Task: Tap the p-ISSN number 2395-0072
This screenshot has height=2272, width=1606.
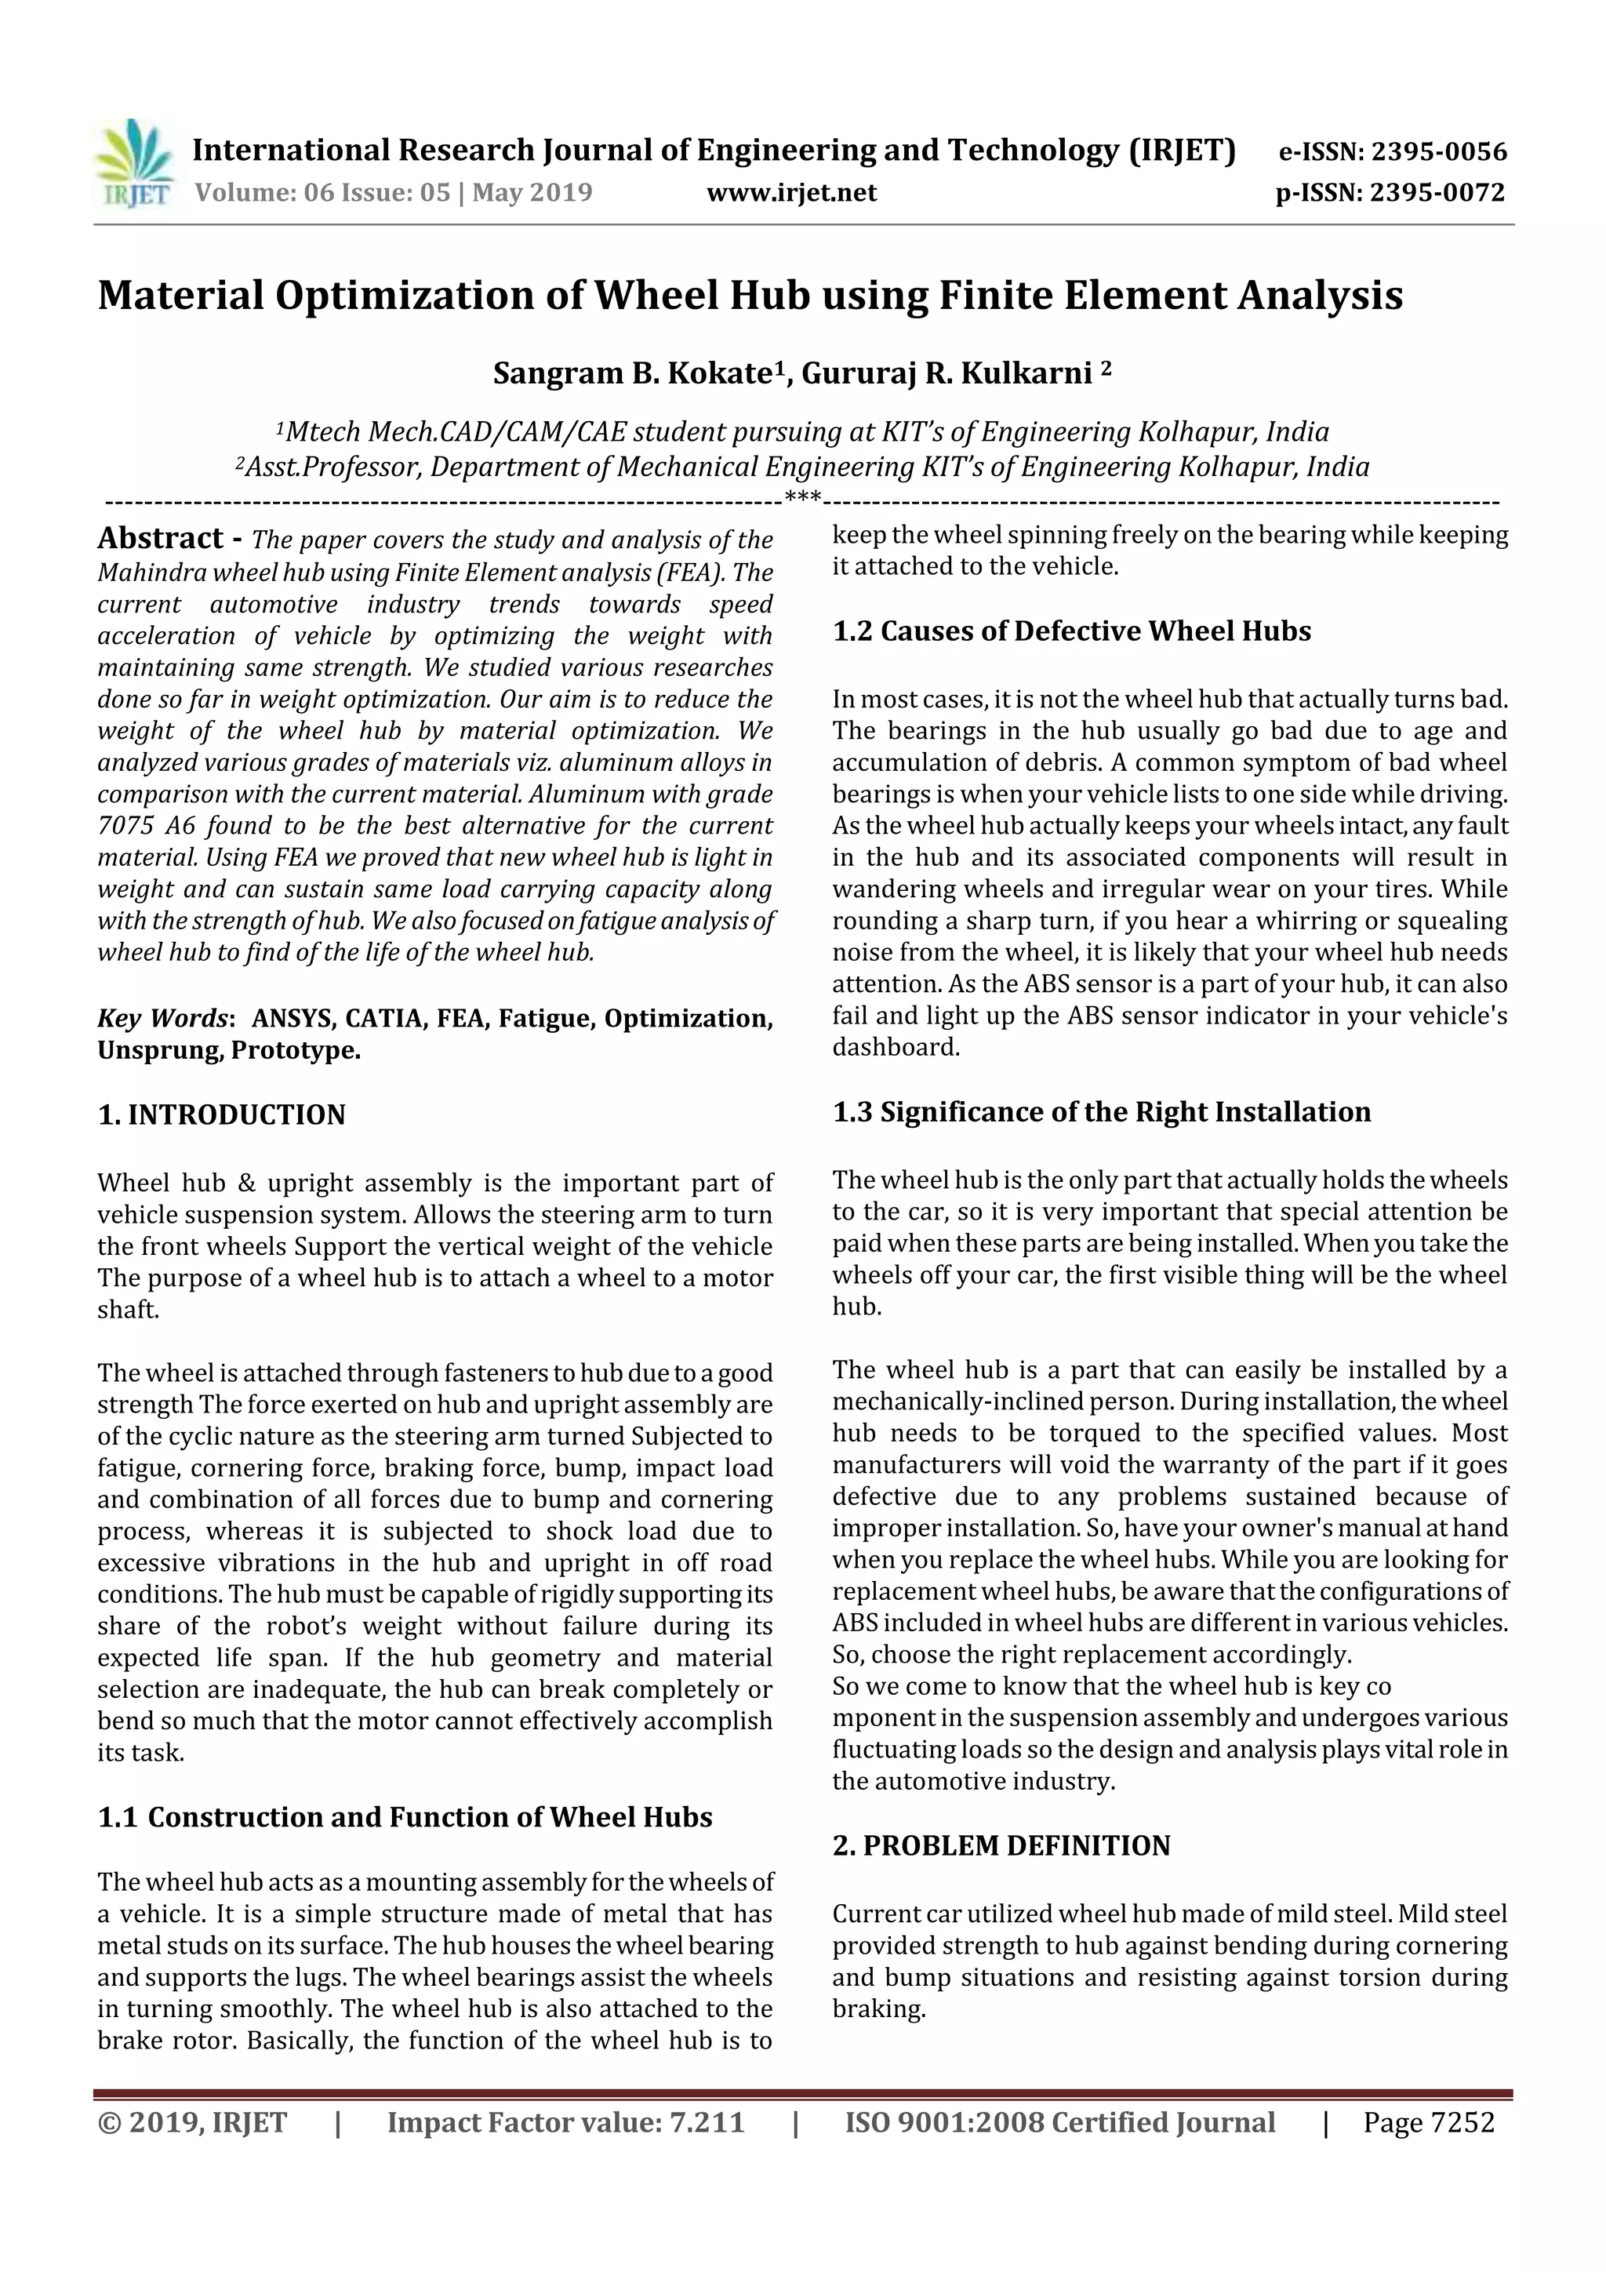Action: tap(1437, 193)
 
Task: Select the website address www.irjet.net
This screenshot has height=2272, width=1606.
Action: tap(790, 193)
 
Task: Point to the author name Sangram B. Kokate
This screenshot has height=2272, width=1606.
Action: tap(631, 374)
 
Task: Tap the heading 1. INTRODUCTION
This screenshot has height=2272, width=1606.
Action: tap(222, 1115)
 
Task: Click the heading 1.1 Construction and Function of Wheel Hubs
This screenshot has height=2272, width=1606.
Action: tap(405, 1818)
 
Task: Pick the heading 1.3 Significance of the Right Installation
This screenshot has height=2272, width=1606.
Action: tap(1100, 1112)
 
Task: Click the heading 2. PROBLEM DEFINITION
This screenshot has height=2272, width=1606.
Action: tap(1001, 1845)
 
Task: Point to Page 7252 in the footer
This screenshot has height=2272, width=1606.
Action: tap(1428, 2122)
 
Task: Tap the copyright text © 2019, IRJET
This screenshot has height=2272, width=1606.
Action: tap(192, 2122)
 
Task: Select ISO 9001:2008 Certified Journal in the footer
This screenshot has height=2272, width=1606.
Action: tap(1059, 2122)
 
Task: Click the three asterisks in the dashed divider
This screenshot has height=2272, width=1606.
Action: tap(801, 496)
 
